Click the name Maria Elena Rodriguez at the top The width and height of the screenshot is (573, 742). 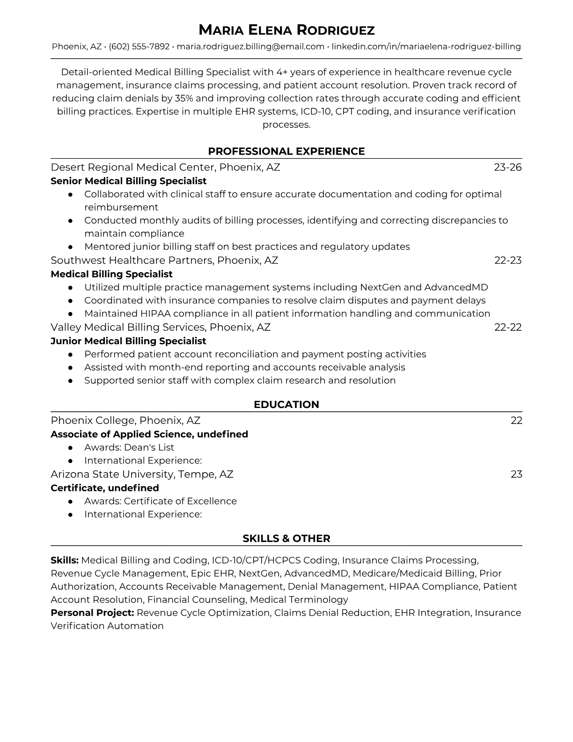pyautogui.click(x=286, y=30)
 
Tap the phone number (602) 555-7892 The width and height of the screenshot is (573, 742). pyautogui.click(x=139, y=46)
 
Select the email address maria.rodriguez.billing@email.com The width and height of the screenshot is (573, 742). pyautogui.click(x=250, y=46)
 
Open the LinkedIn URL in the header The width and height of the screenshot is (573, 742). pyautogui.click(x=426, y=46)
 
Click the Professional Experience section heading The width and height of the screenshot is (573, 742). pyautogui.click(x=286, y=151)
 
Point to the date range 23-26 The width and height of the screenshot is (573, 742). pyautogui.click(x=507, y=167)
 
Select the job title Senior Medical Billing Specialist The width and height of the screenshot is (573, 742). pyautogui.click(x=128, y=181)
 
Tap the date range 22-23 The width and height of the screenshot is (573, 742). pyautogui.click(x=508, y=260)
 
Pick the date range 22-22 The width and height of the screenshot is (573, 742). pyautogui.click(x=508, y=327)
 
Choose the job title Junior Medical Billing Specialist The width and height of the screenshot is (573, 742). pyautogui.click(x=128, y=341)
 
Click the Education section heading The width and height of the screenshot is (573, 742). pyautogui.click(x=286, y=405)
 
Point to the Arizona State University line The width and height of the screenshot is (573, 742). pyautogui.click(x=142, y=474)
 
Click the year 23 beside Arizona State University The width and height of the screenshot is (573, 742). pyautogui.click(x=516, y=474)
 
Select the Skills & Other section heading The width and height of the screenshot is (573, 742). pyautogui.click(x=286, y=539)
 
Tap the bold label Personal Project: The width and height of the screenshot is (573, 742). pyautogui.click(x=92, y=613)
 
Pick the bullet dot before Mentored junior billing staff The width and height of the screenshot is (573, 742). pyautogui.click(x=70, y=247)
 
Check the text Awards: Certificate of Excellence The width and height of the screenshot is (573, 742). pyautogui.click(x=161, y=501)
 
